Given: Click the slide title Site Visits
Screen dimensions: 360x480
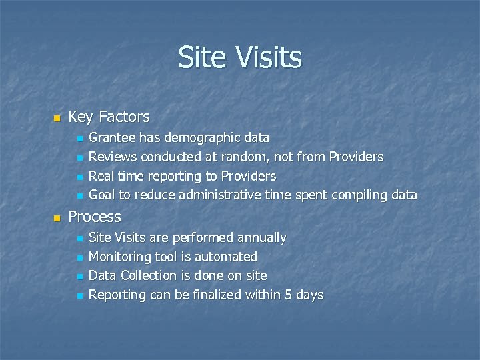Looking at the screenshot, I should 240,58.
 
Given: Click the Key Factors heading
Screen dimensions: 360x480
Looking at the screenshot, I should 109,117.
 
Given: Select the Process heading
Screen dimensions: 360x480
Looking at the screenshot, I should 95,217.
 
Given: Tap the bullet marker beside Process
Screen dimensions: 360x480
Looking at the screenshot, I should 57,218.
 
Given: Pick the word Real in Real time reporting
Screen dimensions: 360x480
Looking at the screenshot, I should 101,177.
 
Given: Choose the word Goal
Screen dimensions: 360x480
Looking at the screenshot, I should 102,195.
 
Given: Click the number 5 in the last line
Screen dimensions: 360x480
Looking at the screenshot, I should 289,295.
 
